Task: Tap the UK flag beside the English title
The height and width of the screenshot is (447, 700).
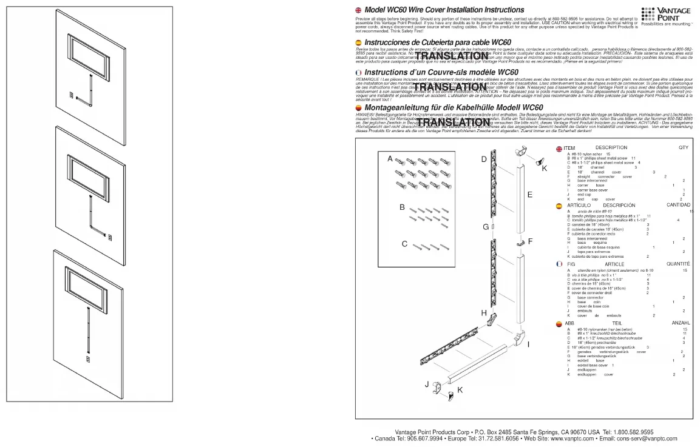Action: (x=358, y=10)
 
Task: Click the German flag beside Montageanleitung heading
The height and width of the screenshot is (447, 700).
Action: (x=358, y=108)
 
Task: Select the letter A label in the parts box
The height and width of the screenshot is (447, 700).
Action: (x=390, y=158)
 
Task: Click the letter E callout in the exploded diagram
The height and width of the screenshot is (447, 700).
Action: (x=529, y=195)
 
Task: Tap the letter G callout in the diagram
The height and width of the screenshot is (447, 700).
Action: (x=485, y=226)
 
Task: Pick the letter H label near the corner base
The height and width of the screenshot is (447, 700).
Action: (x=484, y=313)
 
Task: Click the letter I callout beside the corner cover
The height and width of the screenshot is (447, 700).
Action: (x=529, y=344)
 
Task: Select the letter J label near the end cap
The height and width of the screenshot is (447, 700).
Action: (x=427, y=383)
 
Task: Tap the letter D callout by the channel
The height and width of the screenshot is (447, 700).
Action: (x=484, y=159)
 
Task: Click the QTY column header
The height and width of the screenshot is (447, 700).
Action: (x=684, y=147)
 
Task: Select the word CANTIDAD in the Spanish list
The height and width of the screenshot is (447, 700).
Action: (x=678, y=206)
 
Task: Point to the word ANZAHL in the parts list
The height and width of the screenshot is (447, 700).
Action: (x=681, y=323)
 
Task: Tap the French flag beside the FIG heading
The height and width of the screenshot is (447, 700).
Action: (x=559, y=264)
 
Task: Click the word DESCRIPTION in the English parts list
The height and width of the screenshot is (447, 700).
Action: (x=611, y=147)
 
